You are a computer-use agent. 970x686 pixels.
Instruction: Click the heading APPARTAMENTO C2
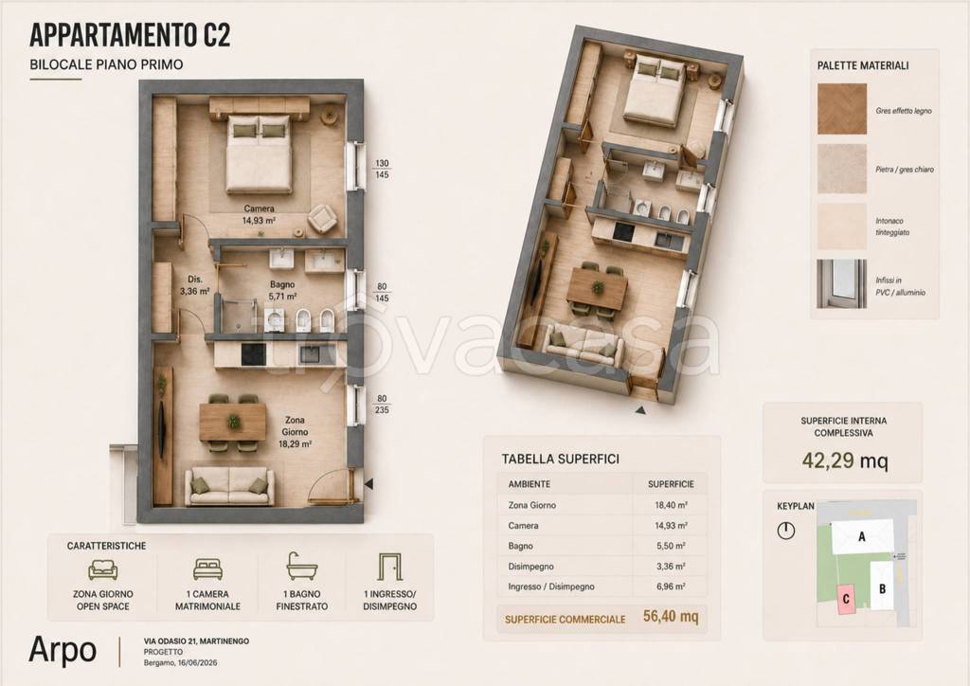point(130,35)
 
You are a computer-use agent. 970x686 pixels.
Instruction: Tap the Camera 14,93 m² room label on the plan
point(260,214)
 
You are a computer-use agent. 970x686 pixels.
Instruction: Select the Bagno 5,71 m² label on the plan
point(282,290)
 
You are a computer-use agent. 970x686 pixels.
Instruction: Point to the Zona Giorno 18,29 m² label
point(296,432)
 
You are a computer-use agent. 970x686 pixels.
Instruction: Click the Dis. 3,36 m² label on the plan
point(195,285)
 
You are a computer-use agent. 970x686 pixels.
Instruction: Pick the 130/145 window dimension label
point(382,170)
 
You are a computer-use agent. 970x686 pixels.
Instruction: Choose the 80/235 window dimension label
point(382,404)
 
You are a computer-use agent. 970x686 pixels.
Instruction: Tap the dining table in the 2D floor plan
point(233,422)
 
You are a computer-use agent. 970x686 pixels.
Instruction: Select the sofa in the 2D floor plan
point(229,486)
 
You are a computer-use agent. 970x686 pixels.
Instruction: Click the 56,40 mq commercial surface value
point(671,616)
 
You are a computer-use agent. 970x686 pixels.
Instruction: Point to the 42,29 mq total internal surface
point(845,460)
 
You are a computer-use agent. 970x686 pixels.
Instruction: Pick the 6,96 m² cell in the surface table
point(670,587)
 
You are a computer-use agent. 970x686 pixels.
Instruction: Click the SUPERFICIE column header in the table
point(671,484)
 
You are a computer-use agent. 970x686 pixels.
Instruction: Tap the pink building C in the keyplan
point(846,600)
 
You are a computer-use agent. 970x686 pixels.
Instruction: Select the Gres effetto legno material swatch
point(842,110)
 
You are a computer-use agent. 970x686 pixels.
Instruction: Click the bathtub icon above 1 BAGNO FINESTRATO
point(302,566)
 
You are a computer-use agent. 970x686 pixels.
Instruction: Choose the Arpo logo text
point(63,649)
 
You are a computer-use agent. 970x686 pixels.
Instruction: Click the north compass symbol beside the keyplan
point(785,531)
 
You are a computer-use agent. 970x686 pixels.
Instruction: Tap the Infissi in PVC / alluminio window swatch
point(842,284)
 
